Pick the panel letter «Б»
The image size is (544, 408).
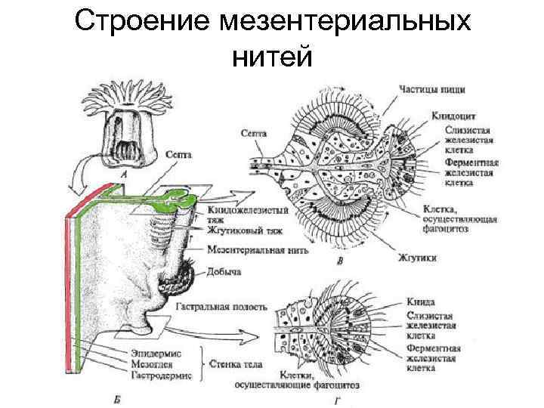pos(113,398)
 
